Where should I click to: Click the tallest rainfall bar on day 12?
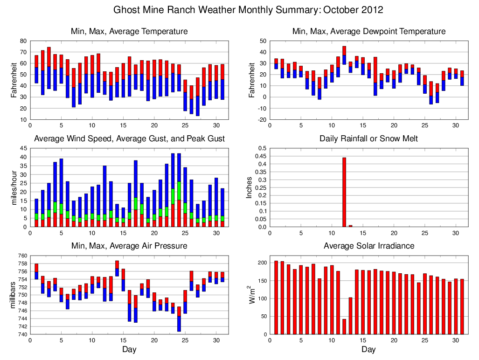344,192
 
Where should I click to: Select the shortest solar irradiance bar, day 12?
344,326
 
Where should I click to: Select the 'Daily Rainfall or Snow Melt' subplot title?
368,138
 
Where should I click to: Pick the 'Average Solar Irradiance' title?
368,246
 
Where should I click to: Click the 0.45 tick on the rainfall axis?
261,164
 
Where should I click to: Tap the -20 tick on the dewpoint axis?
262,119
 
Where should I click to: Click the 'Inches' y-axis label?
250,187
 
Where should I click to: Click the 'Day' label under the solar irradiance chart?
368,349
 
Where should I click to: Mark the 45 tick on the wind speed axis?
23,148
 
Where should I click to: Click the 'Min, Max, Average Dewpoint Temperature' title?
368,31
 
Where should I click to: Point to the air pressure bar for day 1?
36,271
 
